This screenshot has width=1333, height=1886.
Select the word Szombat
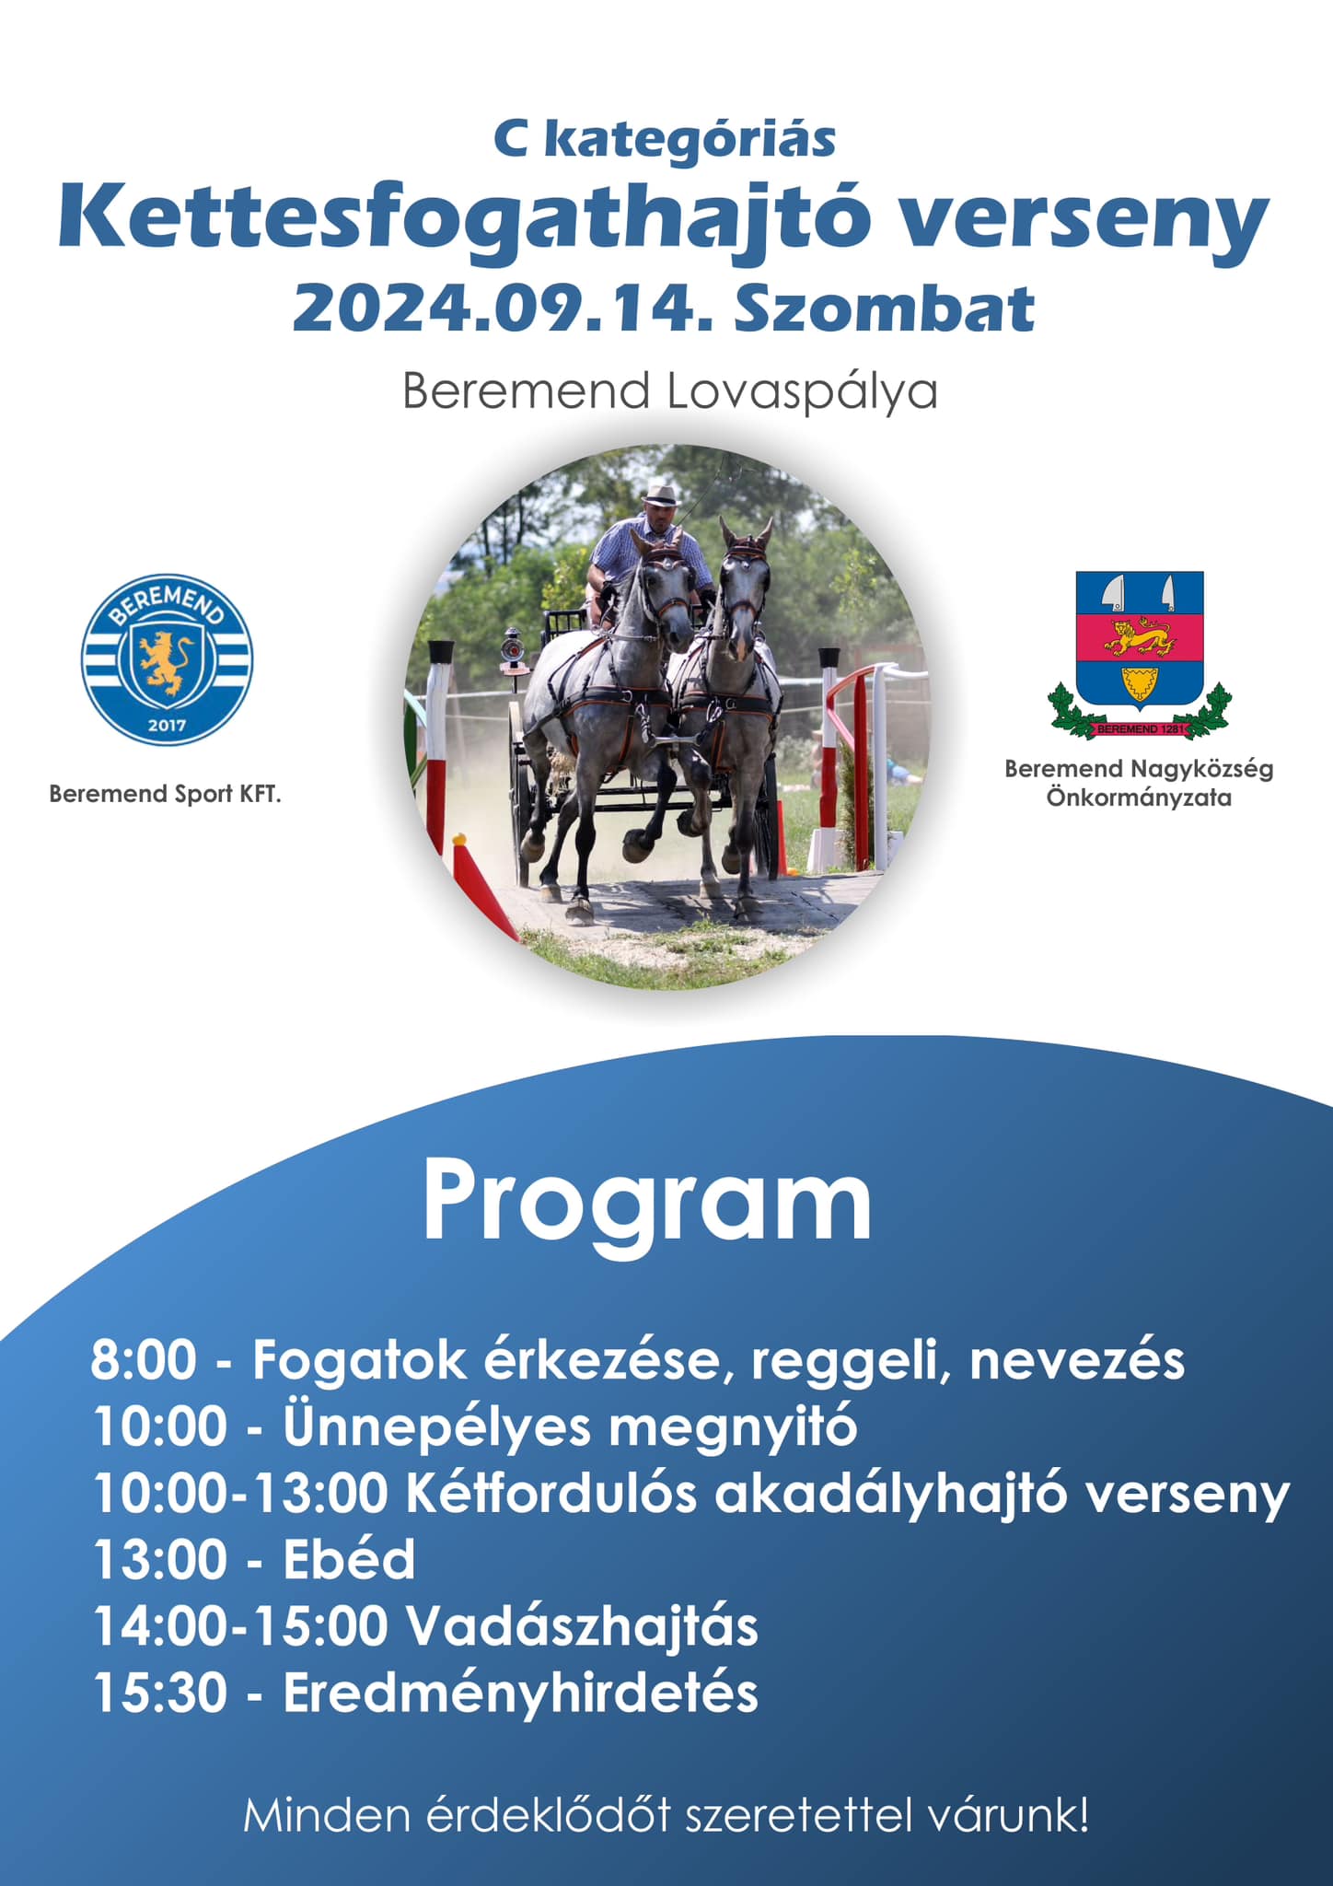click(x=885, y=309)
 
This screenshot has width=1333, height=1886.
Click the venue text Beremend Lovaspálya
click(x=669, y=390)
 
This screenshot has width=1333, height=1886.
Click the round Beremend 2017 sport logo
click(x=167, y=659)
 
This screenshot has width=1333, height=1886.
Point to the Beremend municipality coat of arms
click(x=1140, y=656)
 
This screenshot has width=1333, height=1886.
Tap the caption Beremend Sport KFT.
click(x=165, y=794)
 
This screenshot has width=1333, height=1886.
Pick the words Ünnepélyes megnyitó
click(x=570, y=1426)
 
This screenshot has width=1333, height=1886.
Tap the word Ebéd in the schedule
click(x=349, y=1559)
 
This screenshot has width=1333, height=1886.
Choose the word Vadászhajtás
click(x=582, y=1625)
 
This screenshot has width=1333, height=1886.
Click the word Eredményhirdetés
click(x=520, y=1692)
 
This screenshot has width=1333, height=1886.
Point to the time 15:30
click(x=160, y=1692)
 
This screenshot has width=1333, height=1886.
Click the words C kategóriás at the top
click(x=665, y=140)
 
